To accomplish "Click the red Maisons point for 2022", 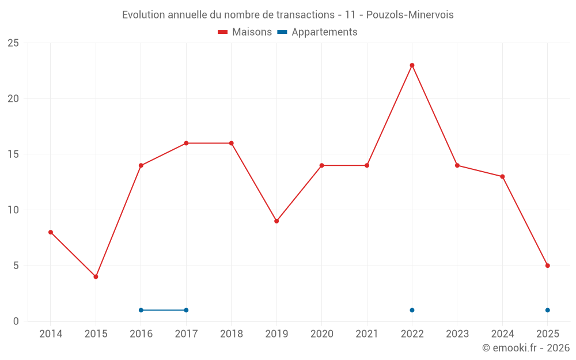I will tap(412, 65).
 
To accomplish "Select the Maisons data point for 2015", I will tap(96, 276).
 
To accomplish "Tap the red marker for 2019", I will tap(276, 221).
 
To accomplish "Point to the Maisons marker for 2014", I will tap(51, 232).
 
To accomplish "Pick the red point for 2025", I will tap(547, 266).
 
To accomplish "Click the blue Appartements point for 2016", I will tap(141, 310).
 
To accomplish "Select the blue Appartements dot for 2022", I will tap(412, 310).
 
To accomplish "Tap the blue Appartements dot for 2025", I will tap(547, 310).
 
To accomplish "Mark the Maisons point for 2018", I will tap(232, 143).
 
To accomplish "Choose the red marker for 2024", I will tap(502, 176).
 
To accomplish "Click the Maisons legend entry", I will tap(245, 32).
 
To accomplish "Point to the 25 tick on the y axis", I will tap(13, 43).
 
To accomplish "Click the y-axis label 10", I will tap(13, 210).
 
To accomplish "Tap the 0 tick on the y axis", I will tap(16, 321).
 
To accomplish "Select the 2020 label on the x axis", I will tap(322, 334).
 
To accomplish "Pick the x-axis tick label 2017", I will tap(186, 334).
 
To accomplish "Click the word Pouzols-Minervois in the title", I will tap(410, 15).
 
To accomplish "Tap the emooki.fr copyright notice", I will tap(525, 348).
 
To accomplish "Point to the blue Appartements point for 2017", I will tap(186, 310).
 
